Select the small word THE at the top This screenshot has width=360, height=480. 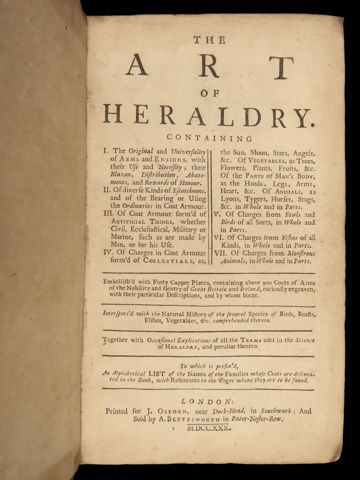[209, 40]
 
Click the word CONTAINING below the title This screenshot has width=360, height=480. [209, 139]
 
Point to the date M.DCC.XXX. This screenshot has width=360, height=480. [209, 428]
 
